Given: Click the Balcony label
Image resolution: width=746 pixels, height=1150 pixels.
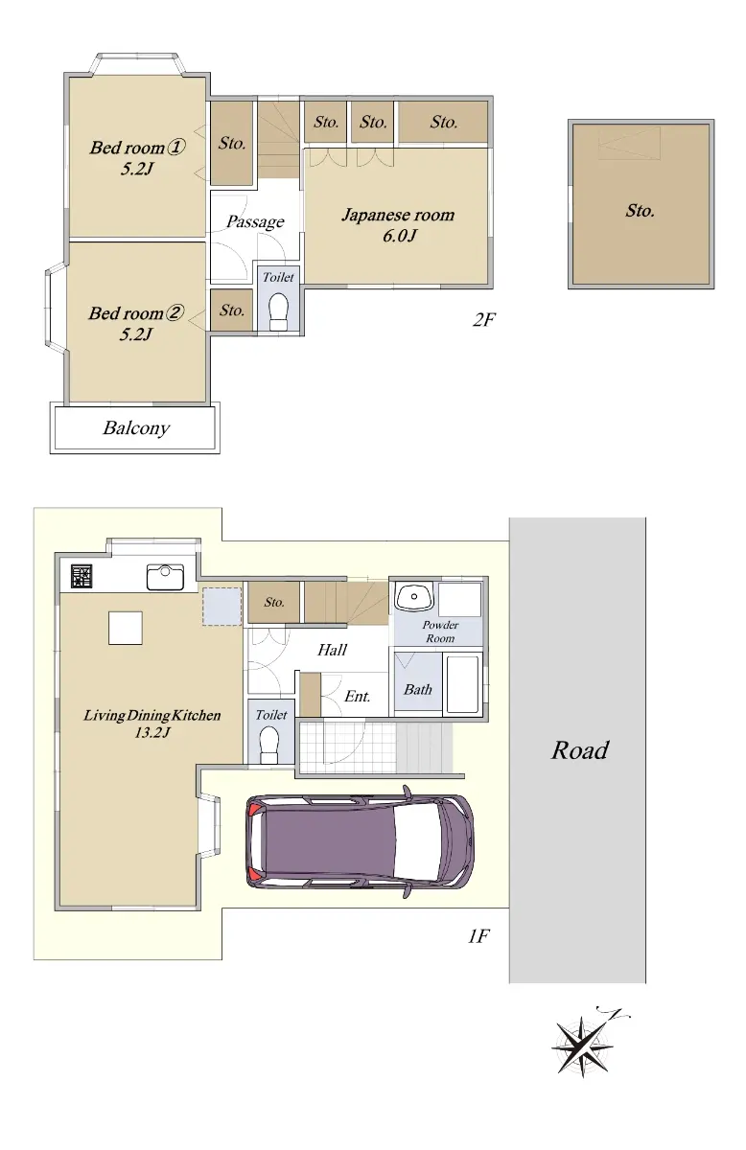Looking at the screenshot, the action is (136, 427).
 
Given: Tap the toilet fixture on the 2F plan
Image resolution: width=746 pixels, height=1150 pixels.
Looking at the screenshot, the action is (279, 311).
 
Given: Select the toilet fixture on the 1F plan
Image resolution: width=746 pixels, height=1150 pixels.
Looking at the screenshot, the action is (269, 746).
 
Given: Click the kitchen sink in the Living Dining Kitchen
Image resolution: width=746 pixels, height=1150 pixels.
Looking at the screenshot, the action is (165, 577).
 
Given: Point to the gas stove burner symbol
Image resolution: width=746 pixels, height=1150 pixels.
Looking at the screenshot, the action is (82, 576).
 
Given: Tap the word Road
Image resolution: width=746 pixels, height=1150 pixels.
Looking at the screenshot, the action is (580, 750).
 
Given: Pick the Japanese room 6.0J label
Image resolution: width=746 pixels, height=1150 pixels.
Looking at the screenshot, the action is (398, 224).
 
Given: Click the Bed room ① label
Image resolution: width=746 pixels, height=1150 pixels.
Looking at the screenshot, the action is (137, 157).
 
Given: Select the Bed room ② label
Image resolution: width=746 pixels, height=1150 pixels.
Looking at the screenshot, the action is (136, 323).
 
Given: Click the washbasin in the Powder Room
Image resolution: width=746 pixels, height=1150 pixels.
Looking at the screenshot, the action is (413, 596).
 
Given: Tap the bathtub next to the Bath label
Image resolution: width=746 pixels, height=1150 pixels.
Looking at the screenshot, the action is (463, 684).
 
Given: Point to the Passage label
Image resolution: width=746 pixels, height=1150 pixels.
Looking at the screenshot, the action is (255, 221).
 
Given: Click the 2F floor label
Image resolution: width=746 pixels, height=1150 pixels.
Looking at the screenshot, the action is (483, 320).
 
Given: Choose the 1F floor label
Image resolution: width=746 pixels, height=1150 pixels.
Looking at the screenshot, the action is (478, 936).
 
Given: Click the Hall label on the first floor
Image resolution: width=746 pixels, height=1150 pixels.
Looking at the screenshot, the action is (332, 650).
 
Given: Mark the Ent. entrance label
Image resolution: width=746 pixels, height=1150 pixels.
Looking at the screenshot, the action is (357, 696).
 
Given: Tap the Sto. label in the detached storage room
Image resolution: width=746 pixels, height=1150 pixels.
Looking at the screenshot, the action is (641, 210).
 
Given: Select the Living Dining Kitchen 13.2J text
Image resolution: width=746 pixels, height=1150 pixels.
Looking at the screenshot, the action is (152, 724).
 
